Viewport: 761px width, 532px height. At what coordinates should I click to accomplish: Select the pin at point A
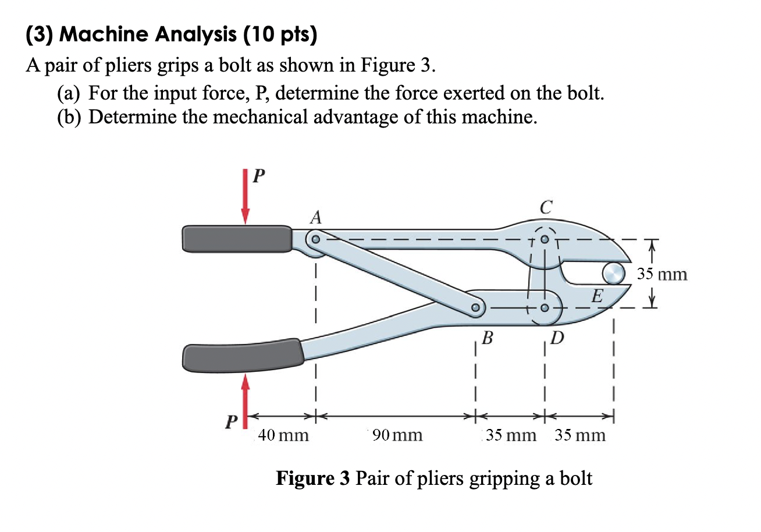point(315,239)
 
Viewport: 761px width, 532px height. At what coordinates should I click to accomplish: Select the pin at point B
point(476,307)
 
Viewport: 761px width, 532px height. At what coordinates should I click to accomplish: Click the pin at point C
point(545,239)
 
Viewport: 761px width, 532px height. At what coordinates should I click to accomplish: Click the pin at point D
point(545,308)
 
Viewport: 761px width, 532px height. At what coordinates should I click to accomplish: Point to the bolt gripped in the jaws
point(613,272)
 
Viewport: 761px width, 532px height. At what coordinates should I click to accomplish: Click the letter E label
point(596,297)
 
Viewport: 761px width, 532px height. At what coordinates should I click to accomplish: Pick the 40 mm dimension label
point(283,435)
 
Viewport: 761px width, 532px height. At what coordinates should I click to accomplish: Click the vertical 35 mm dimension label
point(663,274)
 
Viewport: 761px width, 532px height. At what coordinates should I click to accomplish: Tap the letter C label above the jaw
point(545,207)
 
